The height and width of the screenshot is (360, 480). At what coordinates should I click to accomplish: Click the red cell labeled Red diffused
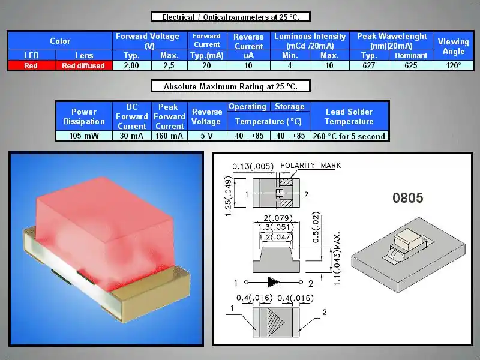pyautogui.click(x=83, y=65)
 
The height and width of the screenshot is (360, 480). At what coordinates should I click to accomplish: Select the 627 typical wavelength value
pyautogui.click(x=369, y=65)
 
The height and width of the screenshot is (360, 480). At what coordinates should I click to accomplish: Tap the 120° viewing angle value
pyautogui.click(x=454, y=65)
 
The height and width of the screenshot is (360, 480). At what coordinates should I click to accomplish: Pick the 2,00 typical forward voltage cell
pyautogui.click(x=131, y=65)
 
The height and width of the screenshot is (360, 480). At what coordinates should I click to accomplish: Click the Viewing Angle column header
pyautogui.click(x=454, y=46)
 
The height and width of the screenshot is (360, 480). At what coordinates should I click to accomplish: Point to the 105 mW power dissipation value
pyautogui.click(x=84, y=136)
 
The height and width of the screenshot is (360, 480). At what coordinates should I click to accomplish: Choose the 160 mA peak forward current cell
pyautogui.click(x=169, y=136)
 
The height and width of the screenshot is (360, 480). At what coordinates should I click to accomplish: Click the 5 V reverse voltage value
pyautogui.click(x=207, y=136)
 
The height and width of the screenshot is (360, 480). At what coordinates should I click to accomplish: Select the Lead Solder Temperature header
pyautogui.click(x=349, y=116)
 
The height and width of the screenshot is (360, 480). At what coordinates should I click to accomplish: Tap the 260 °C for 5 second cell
pyautogui.click(x=349, y=136)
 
